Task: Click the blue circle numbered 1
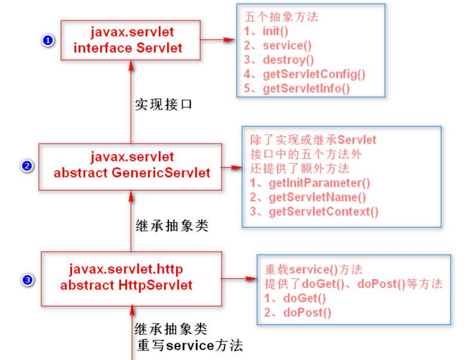(48, 40)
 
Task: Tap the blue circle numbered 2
(26, 165)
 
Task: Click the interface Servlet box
(130, 40)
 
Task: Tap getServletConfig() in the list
(305, 74)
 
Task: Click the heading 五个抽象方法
(282, 17)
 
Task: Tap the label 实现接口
(164, 104)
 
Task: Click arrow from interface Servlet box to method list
(217, 40)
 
